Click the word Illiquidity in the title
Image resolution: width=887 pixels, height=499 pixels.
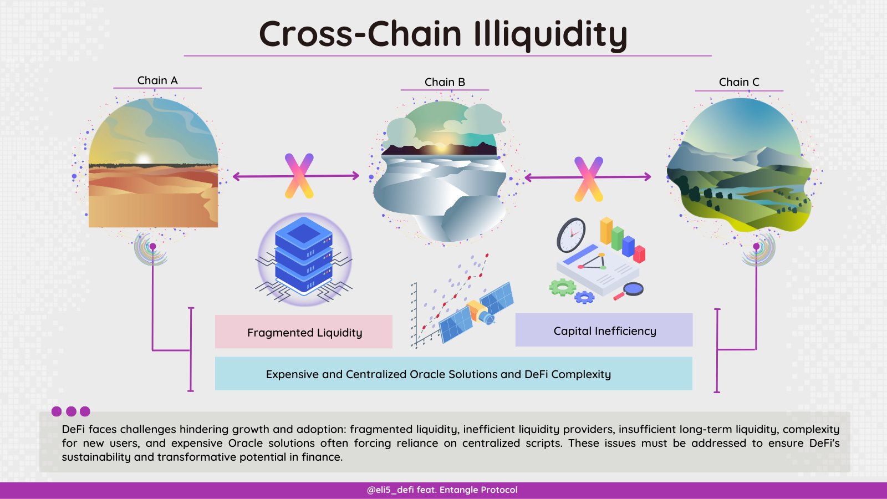click(550, 34)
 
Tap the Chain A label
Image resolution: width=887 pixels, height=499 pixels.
click(157, 80)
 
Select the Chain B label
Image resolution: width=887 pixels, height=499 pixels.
click(445, 82)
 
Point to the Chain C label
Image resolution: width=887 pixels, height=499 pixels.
click(739, 82)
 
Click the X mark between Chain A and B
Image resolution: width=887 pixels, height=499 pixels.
click(299, 176)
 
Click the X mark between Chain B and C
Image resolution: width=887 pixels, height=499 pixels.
click(588, 179)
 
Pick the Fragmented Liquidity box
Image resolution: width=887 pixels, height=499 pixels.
click(304, 332)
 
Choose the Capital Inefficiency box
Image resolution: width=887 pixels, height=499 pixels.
click(604, 330)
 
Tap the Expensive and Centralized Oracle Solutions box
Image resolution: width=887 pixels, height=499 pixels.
click(453, 374)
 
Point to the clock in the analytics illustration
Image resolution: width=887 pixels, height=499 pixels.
click(571, 235)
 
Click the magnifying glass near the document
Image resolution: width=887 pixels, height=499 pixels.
click(632, 289)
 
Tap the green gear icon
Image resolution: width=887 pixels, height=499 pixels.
click(562, 287)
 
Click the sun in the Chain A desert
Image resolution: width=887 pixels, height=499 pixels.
click(144, 159)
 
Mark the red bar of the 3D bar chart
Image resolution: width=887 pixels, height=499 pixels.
click(639, 254)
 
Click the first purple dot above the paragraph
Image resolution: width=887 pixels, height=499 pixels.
click(57, 411)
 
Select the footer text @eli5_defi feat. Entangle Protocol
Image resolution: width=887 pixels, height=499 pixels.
click(442, 490)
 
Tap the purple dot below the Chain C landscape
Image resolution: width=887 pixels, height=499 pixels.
click(756, 246)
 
